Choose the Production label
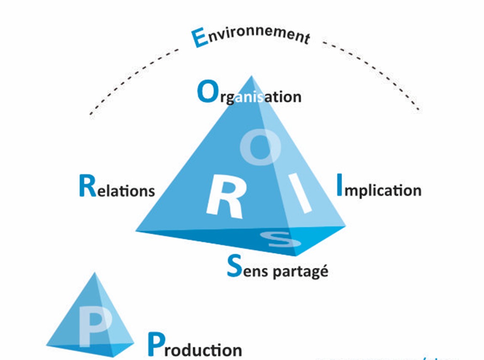tap(195, 346)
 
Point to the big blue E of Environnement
tap(198, 38)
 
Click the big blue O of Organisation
tap(206, 92)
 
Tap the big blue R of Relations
tap(88, 186)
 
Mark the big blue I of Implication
tap(340, 185)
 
